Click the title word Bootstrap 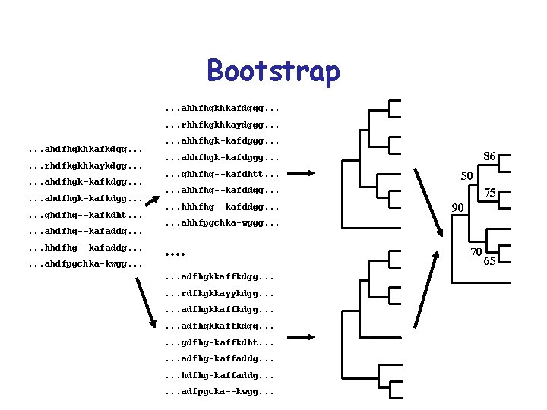(273, 71)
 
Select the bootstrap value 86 (489, 156)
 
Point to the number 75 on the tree (491, 194)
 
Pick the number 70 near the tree (476, 252)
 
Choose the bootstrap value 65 (490, 261)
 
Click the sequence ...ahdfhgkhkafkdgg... (84, 147)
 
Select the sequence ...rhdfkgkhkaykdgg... (84, 165)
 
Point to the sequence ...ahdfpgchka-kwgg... (84, 264)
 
